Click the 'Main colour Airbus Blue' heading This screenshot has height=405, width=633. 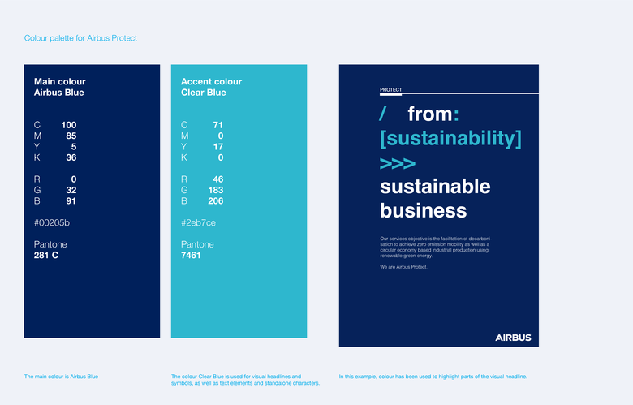point(59,87)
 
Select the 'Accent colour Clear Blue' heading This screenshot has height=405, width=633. point(211,87)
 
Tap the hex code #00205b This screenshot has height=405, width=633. point(52,222)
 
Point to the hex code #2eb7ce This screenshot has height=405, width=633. point(198,222)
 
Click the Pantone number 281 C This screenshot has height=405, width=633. point(46,255)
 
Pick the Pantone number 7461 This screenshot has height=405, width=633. point(191,255)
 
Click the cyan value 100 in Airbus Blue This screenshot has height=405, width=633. point(69,125)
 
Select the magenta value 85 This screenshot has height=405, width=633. point(71,136)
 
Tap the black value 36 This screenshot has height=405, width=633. point(71,157)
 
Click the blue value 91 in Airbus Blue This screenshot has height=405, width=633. point(71,200)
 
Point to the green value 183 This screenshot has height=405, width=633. point(215,190)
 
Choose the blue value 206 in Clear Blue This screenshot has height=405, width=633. point(215,200)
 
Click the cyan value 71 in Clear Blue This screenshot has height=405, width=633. point(217,125)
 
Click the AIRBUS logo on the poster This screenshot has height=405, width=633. point(513,337)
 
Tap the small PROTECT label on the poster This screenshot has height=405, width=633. point(390,90)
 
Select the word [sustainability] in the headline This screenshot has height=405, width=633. point(450,138)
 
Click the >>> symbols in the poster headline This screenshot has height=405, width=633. point(398,163)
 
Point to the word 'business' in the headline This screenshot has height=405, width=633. point(423,211)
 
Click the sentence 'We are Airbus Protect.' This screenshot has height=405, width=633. point(403,267)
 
